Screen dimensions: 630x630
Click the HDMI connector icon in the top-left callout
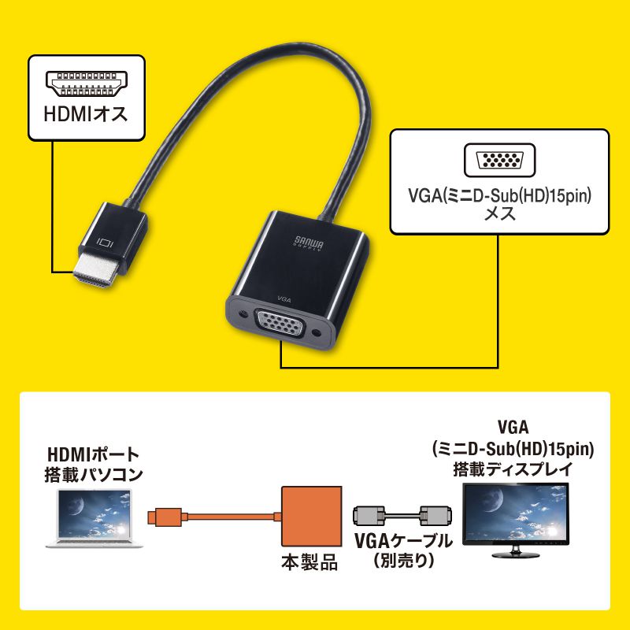coord(87,82)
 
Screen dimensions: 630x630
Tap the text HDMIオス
coord(87,116)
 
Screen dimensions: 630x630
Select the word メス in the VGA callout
coord(500,213)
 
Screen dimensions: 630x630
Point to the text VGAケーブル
coord(403,542)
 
